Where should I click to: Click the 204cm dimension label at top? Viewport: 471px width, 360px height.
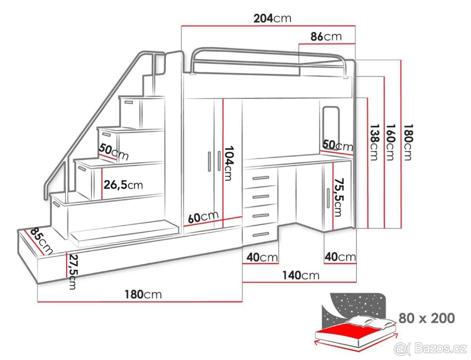click(x=272, y=18)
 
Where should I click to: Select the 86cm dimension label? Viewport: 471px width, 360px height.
click(x=326, y=37)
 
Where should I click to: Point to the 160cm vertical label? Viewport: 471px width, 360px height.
click(x=390, y=142)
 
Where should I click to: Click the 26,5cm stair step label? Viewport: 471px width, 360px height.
click(x=123, y=185)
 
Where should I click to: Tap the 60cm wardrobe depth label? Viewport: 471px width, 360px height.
click(x=203, y=217)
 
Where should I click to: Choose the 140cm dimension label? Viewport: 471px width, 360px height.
click(x=301, y=275)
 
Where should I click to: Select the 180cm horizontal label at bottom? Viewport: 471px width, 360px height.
click(x=143, y=294)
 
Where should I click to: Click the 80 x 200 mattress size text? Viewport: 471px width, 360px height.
click(x=427, y=318)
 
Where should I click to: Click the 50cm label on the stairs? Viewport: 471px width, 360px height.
click(x=113, y=152)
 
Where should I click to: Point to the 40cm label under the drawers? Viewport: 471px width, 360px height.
click(x=262, y=258)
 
